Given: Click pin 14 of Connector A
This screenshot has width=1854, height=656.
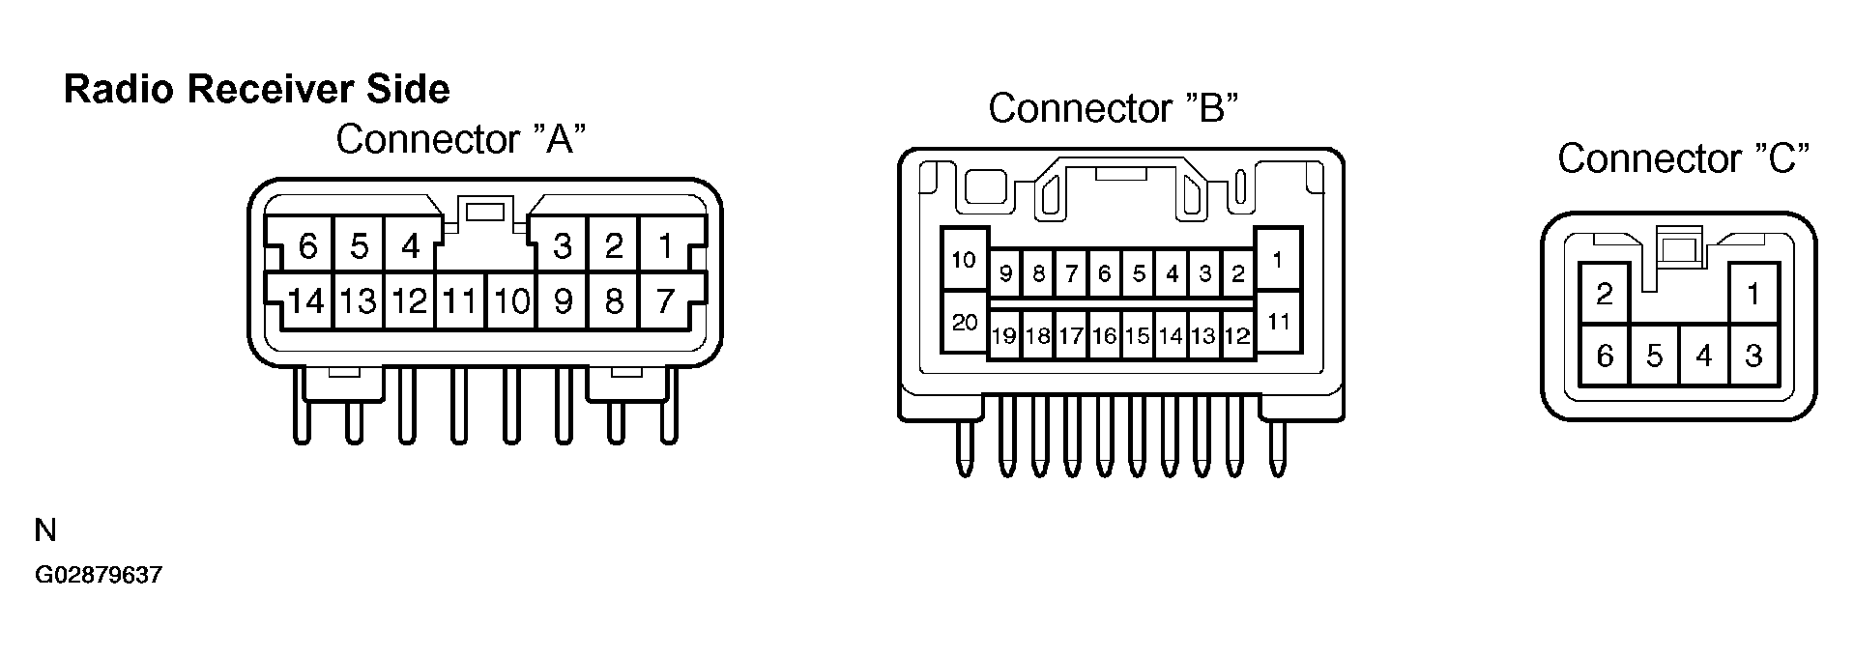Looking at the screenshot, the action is click(306, 301).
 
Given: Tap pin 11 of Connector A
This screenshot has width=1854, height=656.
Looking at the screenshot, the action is click(459, 301).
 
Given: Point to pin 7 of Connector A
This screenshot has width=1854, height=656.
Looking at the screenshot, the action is click(664, 301).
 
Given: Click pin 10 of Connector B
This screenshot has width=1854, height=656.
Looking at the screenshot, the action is click(964, 260).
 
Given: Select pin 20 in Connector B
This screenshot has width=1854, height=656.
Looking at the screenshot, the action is click(965, 323).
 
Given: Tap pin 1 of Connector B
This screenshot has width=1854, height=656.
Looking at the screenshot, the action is click(1278, 259).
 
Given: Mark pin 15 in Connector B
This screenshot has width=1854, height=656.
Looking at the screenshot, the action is click(1138, 335).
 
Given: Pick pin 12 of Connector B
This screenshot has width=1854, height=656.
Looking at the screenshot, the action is click(1237, 335).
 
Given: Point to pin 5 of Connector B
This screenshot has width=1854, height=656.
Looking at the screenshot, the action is click(1138, 273).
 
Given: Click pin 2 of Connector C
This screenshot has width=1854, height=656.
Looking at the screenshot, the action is click(1605, 293).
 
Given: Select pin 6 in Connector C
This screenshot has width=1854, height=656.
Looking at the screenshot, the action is click(1605, 357).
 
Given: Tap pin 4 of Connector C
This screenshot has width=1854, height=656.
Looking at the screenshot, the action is click(1703, 357).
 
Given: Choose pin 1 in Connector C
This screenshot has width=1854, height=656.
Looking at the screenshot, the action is click(1753, 293).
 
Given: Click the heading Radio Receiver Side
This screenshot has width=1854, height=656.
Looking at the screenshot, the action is click(257, 90).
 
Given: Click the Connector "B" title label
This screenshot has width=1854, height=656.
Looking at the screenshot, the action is click(1113, 108).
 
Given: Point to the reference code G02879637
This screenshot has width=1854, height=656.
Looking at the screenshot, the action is click(99, 576).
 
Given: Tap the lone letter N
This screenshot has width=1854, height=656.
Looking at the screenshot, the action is click(45, 530).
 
